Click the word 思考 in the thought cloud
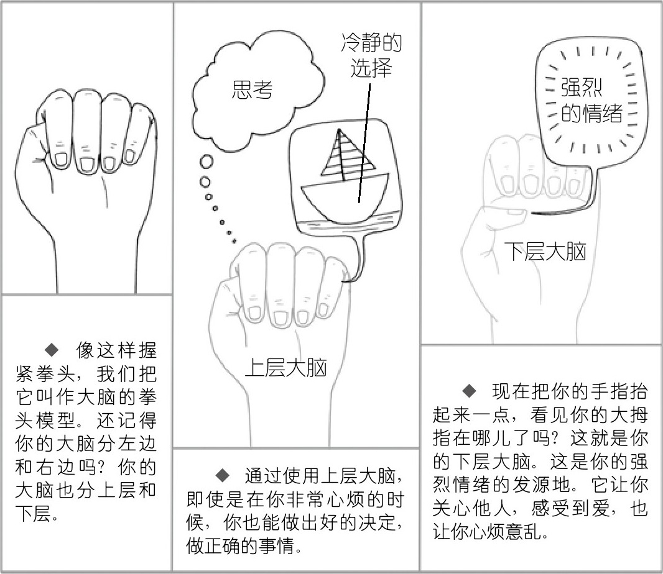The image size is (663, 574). pyautogui.click(x=252, y=89)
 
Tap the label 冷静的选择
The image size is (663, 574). pyautogui.click(x=371, y=55)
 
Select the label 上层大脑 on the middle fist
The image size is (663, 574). pyautogui.click(x=286, y=368)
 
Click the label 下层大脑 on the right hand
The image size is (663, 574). pyautogui.click(x=545, y=252)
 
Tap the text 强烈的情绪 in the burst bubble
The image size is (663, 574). pyautogui.click(x=591, y=100)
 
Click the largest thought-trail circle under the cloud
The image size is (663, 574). pyautogui.click(x=206, y=162)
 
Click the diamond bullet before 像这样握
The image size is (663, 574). pyautogui.click(x=52, y=349)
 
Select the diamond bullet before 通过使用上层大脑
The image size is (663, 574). pyautogui.click(x=223, y=476)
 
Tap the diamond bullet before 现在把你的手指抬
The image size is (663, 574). pyautogui.click(x=470, y=391)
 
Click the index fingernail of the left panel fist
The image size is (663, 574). pyautogui.click(x=62, y=159)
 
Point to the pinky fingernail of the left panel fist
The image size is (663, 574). pyautogui.click(x=129, y=157)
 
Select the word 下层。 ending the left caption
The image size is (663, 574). pyautogui.click(x=37, y=513)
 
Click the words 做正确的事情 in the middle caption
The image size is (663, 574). pyautogui.click(x=239, y=545)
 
